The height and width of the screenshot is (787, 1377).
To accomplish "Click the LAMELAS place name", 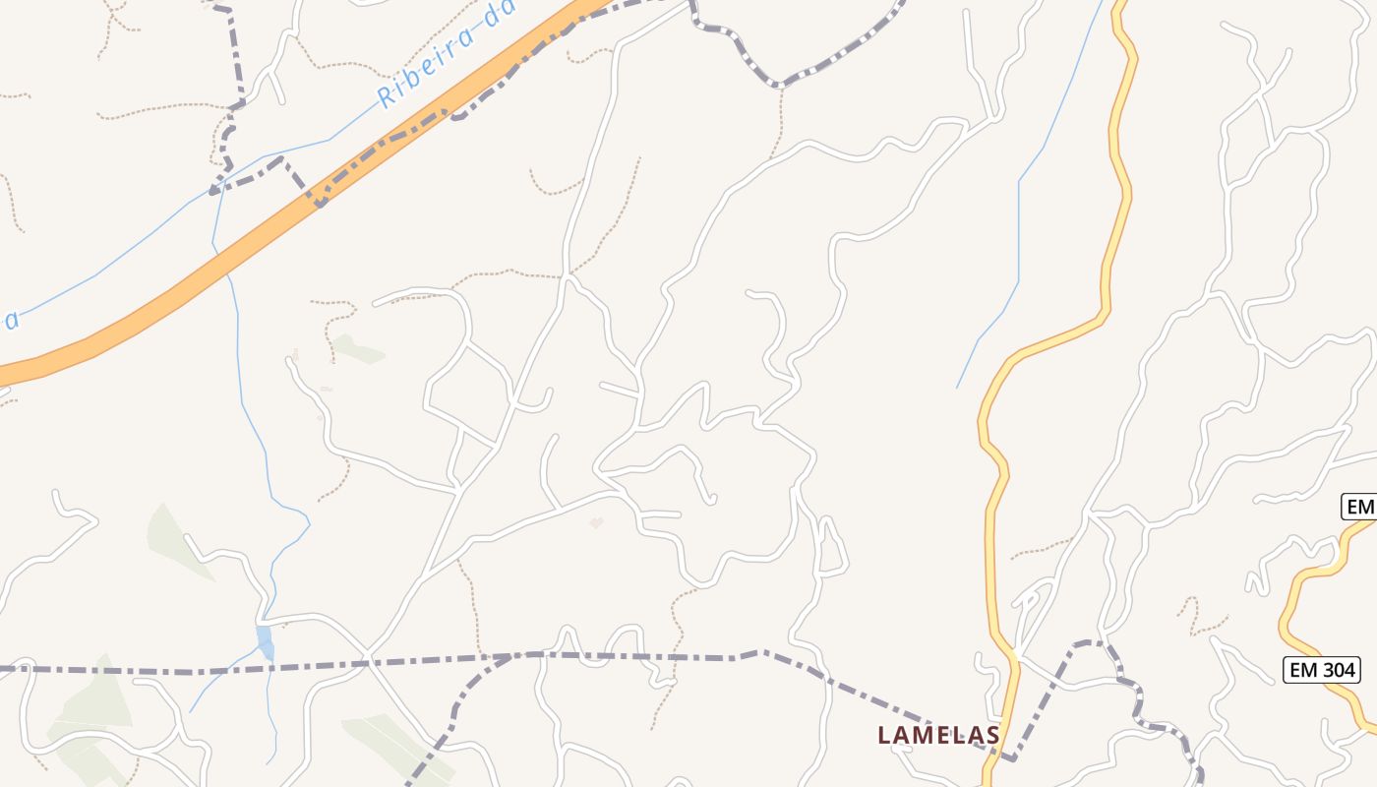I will (938, 735).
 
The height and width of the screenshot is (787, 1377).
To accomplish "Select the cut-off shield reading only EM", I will (1359, 507).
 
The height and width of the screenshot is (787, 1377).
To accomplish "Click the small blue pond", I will (265, 641).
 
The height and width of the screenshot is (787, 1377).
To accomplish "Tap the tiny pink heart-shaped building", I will (596, 522).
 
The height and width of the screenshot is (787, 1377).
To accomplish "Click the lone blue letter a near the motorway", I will (9, 321).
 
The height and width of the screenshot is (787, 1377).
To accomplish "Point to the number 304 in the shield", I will (1337, 671).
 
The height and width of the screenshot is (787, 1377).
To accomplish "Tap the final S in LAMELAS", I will (992, 735).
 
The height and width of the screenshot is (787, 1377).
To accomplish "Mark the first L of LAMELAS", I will (884, 735).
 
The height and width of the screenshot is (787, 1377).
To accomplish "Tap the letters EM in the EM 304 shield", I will (1304, 671).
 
